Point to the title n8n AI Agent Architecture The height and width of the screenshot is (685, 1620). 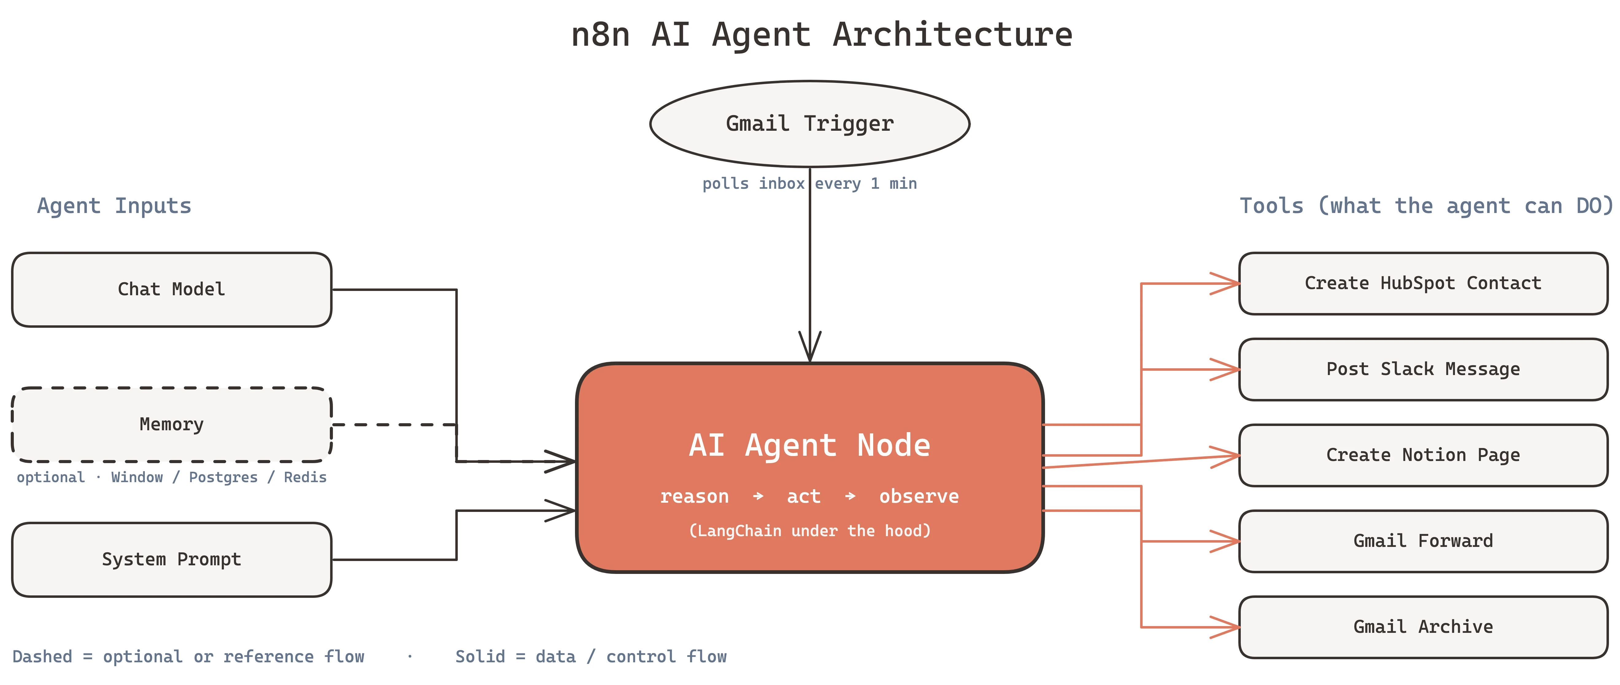[x=821, y=35]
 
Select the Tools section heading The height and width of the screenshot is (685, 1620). [x=1426, y=206]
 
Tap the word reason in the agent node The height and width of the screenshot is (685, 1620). [x=694, y=496]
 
